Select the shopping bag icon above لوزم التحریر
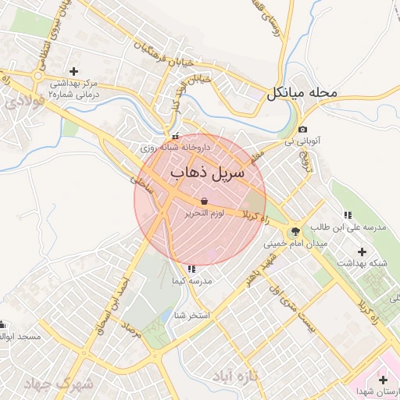click(204, 201)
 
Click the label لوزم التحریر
click(204, 213)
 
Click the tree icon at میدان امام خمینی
click(295, 231)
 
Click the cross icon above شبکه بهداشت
click(362, 252)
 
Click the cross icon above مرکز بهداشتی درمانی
click(74, 71)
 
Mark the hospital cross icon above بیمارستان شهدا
click(382, 379)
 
